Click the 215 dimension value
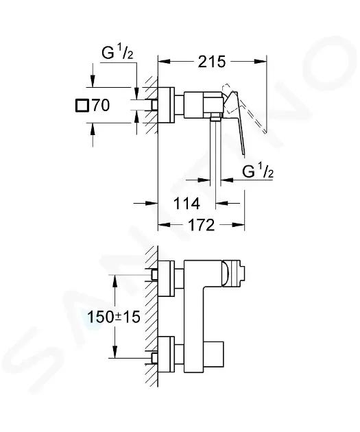[x=212, y=62]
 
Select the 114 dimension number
[x=187, y=204]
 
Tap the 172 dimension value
[x=201, y=225]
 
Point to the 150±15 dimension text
[x=113, y=317]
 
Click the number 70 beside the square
[x=101, y=105]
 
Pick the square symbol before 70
[x=82, y=106]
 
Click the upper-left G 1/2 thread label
[x=117, y=53]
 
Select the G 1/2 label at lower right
[x=258, y=171]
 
